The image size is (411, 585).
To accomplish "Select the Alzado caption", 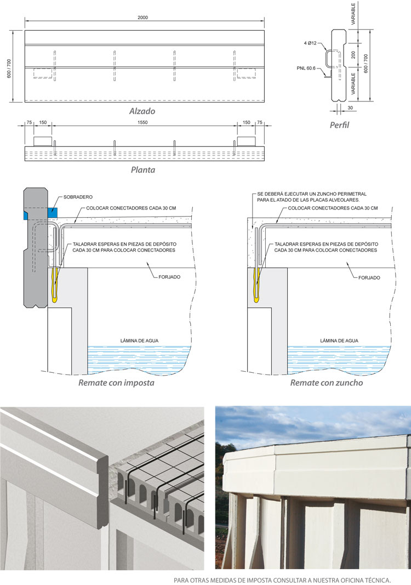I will pos(142,111).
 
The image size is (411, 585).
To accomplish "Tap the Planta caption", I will pos(142,170).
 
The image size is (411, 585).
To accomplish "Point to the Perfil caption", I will pos(339,125).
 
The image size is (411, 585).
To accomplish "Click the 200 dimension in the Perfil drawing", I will pos(354,55).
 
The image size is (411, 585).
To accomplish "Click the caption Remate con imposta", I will pos(116,383).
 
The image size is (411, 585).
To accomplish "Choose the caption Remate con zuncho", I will pos(327,383).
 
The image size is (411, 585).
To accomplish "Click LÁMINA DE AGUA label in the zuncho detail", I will pos(339,340).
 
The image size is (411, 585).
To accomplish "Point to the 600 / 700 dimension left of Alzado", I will pos(9,66).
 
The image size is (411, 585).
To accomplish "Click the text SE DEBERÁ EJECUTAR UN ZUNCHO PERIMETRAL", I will pos(312,194).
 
